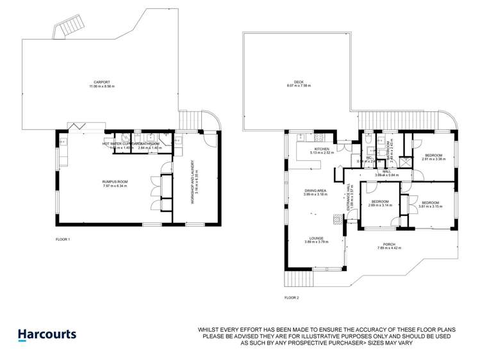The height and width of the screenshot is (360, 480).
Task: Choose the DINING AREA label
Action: tap(315, 191)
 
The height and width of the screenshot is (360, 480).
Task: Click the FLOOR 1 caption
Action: tap(63, 239)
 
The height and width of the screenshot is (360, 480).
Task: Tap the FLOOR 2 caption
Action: tap(292, 298)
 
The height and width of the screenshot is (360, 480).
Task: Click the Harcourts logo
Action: tap(46, 334)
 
